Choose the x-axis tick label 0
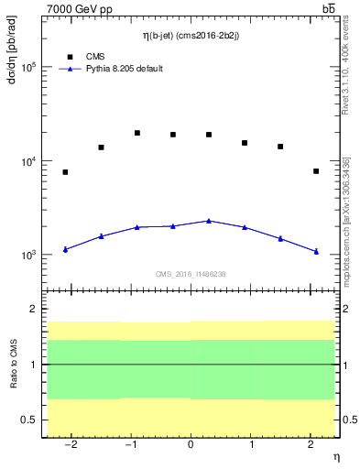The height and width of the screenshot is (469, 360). [x=191, y=445]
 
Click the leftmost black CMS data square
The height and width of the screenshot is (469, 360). [x=65, y=172]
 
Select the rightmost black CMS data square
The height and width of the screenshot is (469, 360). [x=316, y=171]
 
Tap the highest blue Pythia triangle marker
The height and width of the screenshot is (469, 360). [x=209, y=221]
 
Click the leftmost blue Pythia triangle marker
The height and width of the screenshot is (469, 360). [x=65, y=249]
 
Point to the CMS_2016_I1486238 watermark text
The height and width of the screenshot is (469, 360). [x=191, y=274]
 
